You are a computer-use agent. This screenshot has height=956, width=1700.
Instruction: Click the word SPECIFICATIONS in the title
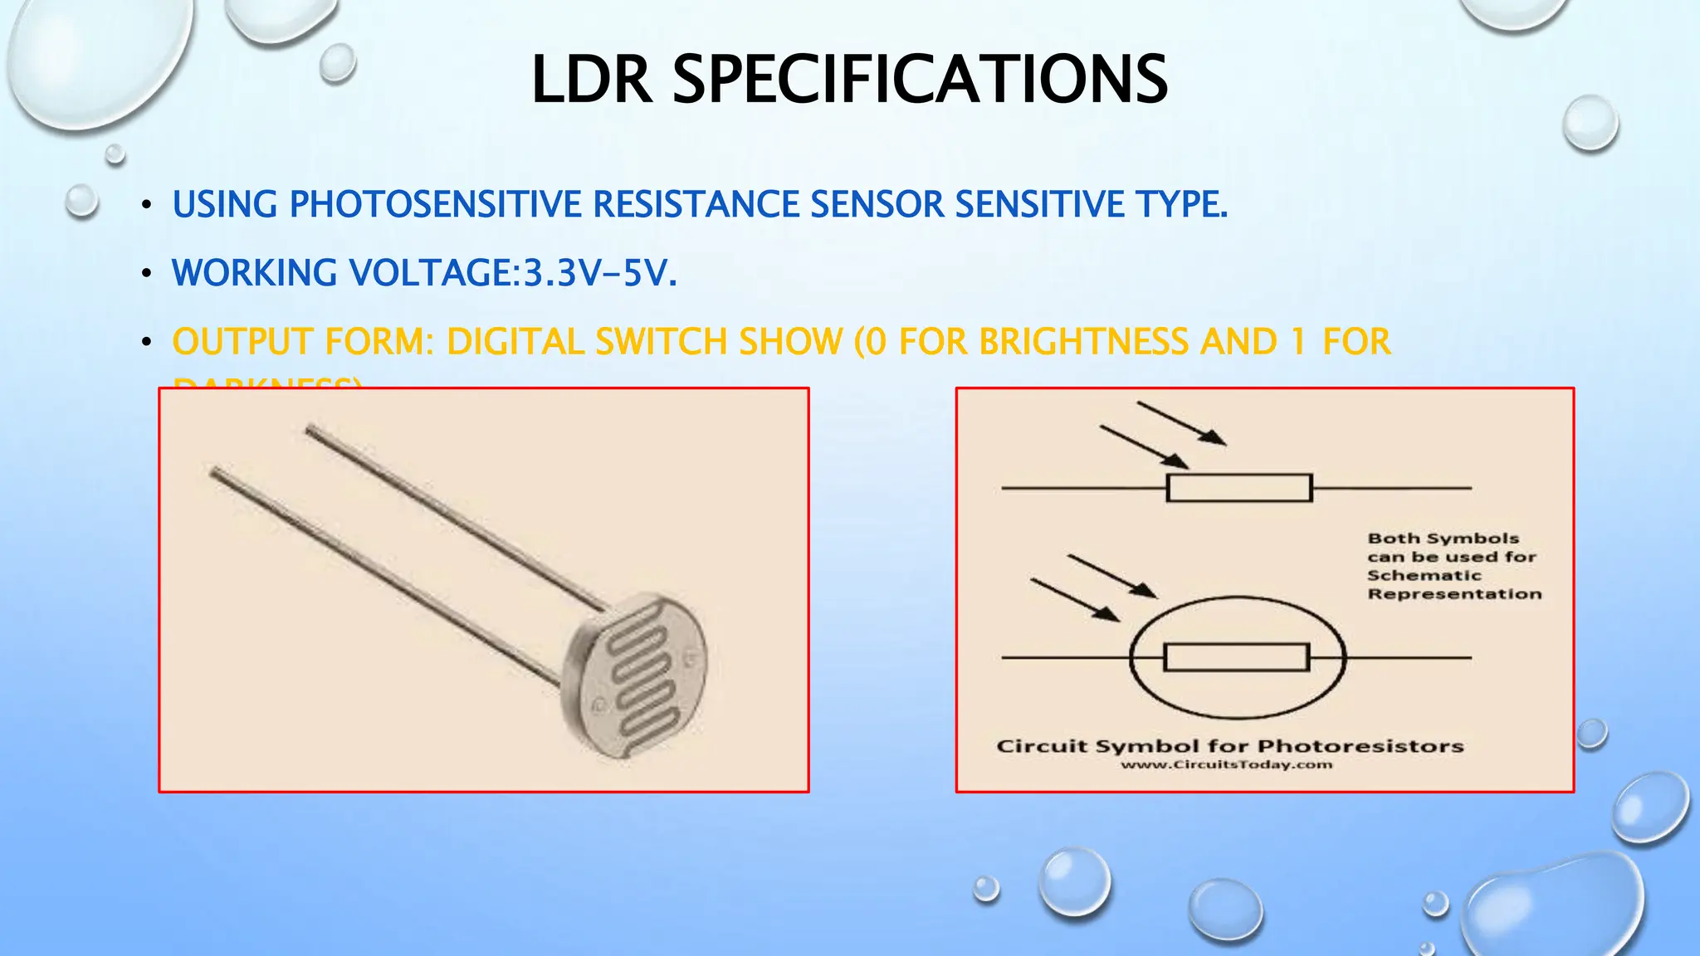click(920, 80)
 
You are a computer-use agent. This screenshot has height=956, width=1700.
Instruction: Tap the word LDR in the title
click(591, 80)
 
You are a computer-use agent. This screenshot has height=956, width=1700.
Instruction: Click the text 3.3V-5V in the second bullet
click(599, 273)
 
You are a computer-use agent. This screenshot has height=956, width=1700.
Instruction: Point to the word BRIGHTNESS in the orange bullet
click(1084, 342)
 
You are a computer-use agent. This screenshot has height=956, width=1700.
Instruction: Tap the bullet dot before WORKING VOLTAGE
click(146, 273)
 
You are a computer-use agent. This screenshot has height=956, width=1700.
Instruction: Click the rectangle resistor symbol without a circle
click(1238, 488)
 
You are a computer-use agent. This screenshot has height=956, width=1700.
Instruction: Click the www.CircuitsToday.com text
click(1226, 764)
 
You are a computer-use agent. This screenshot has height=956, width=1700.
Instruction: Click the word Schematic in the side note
click(1424, 575)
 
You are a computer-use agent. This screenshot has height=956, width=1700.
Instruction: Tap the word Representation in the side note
click(1454, 594)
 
